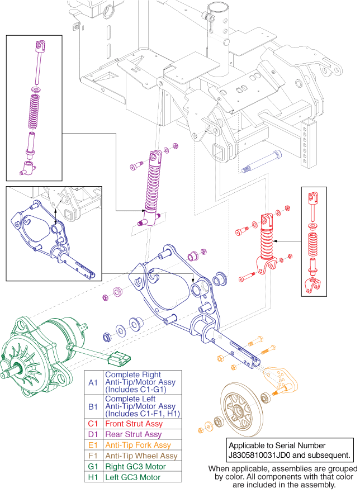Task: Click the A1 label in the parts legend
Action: click(93, 382)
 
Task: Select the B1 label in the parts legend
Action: click(93, 406)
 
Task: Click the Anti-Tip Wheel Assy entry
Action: click(141, 456)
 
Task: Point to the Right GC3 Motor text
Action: click(133, 467)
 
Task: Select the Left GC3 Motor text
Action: click(130, 477)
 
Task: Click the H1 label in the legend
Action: click(93, 477)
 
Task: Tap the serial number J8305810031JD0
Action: click(265, 455)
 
